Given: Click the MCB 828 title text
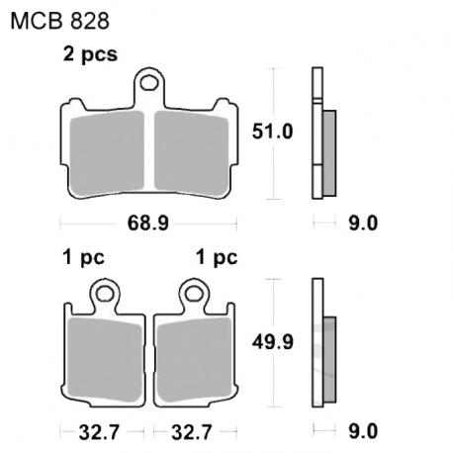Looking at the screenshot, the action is [59, 22].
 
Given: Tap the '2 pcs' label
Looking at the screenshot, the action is [90, 54].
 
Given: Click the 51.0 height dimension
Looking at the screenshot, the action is [272, 132].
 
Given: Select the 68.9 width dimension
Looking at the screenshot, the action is [148, 224].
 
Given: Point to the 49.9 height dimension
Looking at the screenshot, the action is [272, 342].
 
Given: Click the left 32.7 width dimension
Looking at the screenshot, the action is [99, 432].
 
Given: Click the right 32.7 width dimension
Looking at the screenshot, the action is [191, 432].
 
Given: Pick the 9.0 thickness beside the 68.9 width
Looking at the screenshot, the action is [363, 224].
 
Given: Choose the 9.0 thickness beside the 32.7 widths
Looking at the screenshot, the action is [363, 432].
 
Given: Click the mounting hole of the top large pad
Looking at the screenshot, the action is [148, 83].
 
